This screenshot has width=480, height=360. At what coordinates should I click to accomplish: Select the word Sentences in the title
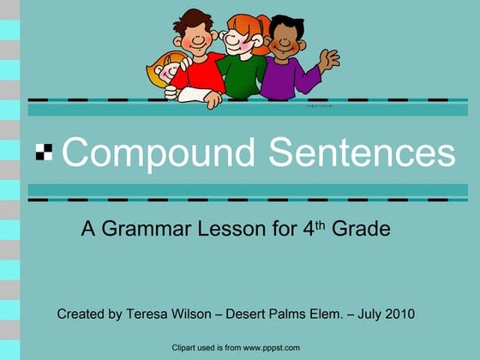(x=362, y=153)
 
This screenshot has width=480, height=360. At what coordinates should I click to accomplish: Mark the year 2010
(x=399, y=314)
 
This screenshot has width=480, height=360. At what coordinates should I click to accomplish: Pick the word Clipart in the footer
(x=186, y=347)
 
